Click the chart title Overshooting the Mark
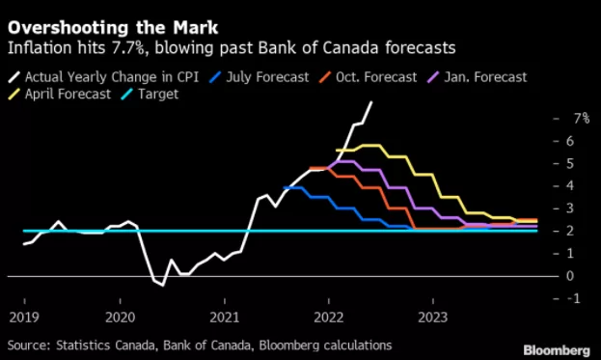pos(113,28)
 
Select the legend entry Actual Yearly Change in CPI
pos(103,77)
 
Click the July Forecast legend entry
pos(260,77)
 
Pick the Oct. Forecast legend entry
pos(368,77)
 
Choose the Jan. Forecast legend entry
pos(478,77)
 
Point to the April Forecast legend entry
pos(60,94)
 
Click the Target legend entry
pos(150,94)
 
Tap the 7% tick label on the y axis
pos(582,119)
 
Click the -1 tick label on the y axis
pos(573,298)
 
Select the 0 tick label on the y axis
pos(569,276)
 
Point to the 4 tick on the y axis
pos(569,186)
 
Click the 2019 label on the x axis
pos(24,318)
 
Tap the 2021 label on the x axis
pos(225,318)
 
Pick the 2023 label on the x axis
pos(433,318)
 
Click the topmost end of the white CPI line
pos(371,102)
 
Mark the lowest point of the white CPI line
pos(163,286)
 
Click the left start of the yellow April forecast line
pos(337,151)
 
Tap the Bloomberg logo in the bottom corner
pos(557,350)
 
